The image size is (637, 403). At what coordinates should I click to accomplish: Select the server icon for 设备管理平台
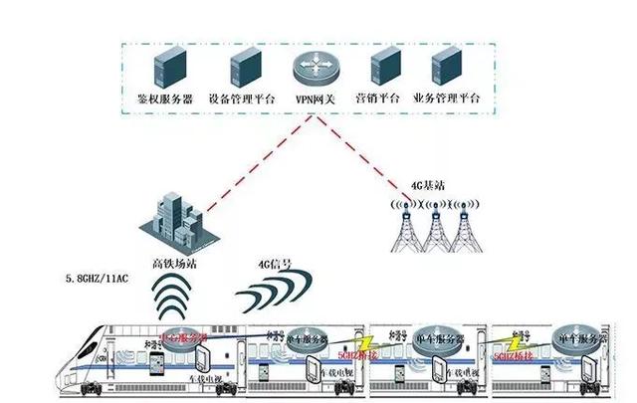[x=244, y=67]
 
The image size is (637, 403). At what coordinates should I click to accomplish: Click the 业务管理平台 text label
[x=446, y=100]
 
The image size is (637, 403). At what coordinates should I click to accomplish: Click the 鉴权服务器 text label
[x=163, y=100]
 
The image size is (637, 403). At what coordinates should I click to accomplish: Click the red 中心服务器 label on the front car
[x=184, y=338]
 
